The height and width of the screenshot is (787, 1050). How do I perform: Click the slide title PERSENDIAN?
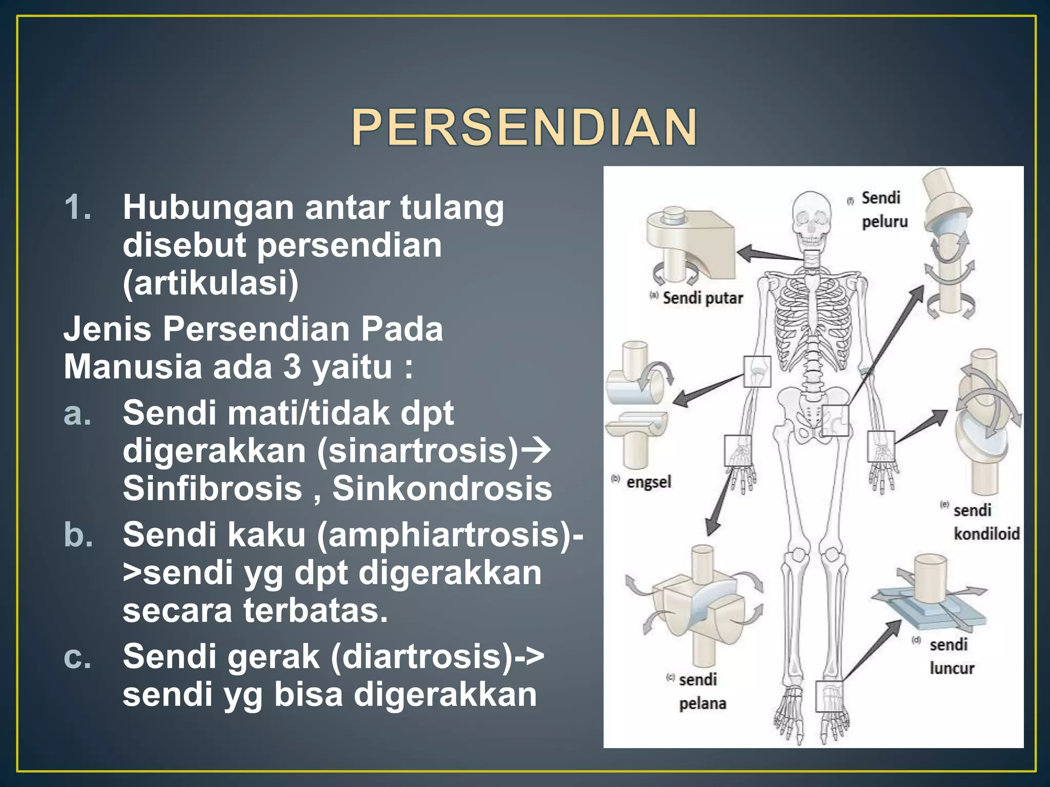(x=524, y=128)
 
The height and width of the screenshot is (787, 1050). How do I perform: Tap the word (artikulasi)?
(x=210, y=283)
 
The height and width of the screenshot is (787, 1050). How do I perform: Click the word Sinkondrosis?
(x=442, y=488)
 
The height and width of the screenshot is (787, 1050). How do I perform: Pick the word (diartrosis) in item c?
(x=421, y=656)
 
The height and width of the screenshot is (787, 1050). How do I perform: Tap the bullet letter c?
(x=77, y=656)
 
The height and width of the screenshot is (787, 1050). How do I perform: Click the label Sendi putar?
(x=702, y=298)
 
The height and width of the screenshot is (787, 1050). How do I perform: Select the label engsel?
(x=649, y=482)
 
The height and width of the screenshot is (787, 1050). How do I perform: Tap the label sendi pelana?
(x=701, y=692)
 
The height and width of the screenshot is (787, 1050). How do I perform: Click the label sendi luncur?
(x=951, y=656)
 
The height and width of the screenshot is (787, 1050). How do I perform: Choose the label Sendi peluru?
(x=883, y=210)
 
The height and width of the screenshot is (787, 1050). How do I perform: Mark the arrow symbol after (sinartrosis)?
(x=536, y=451)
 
